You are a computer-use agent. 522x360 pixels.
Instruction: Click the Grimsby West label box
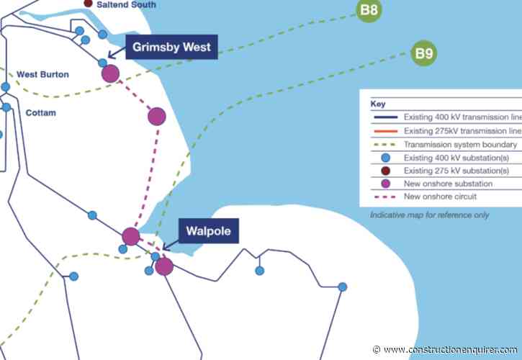tap(171, 48)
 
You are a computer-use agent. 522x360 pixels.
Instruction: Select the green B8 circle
tap(369, 11)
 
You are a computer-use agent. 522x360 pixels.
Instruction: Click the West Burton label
tap(43, 73)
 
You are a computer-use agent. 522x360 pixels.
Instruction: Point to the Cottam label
tap(40, 113)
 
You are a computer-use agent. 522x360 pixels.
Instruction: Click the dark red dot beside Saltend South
tap(89, 4)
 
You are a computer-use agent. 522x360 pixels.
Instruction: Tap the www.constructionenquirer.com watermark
tap(446, 349)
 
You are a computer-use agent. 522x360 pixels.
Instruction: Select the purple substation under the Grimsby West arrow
tap(110, 73)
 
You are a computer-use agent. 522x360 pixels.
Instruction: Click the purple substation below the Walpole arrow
tap(164, 266)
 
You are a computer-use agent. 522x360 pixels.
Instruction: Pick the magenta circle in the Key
tap(384, 184)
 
